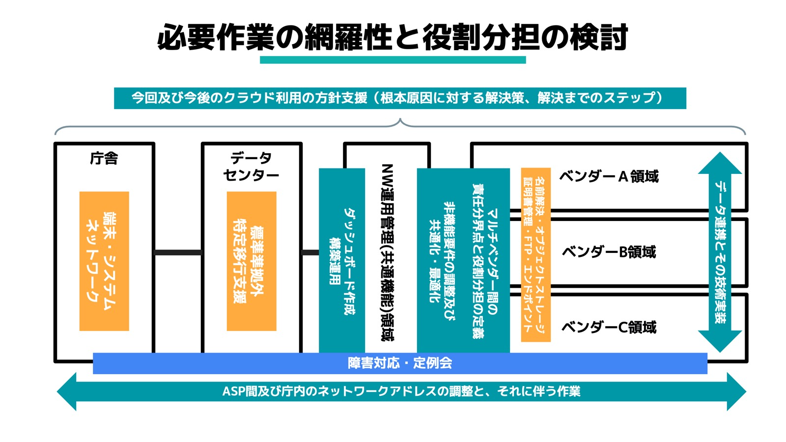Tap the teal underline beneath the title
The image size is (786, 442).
click(393, 60)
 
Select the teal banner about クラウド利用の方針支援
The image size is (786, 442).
click(399, 98)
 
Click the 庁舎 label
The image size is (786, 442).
click(104, 159)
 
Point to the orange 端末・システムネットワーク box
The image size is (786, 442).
click(104, 261)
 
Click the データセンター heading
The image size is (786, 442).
click(251, 166)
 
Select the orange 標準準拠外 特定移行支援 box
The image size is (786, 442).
click(251, 261)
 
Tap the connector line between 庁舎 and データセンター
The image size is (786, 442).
click(178, 252)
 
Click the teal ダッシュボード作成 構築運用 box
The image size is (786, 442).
click(341, 260)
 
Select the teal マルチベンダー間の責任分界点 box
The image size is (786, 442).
click(463, 260)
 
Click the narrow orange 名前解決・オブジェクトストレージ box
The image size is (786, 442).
click(535, 254)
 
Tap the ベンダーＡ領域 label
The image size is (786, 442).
click(609, 176)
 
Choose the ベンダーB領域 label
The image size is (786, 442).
click(609, 252)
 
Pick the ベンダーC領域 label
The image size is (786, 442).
click(609, 327)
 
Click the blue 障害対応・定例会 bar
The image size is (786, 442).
click(399, 363)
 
